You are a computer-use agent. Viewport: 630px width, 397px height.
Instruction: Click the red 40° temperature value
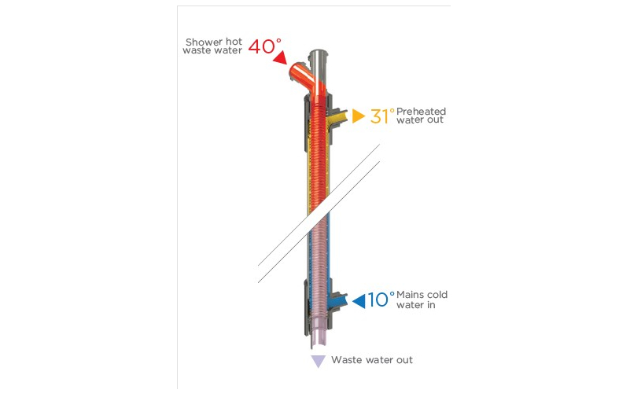click(263, 46)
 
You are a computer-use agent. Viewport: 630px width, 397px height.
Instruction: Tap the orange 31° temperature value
click(382, 116)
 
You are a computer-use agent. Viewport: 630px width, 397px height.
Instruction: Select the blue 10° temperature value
click(381, 300)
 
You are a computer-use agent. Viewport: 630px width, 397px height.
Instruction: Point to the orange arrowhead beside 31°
click(358, 116)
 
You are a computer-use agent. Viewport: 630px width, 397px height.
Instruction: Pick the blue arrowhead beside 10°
click(359, 300)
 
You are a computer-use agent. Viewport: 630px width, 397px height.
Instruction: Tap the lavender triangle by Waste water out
click(318, 362)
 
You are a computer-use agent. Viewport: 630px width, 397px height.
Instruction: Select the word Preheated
click(421, 111)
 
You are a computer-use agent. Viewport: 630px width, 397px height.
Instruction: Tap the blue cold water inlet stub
click(339, 300)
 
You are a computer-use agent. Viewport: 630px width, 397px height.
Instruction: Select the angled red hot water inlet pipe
click(298, 74)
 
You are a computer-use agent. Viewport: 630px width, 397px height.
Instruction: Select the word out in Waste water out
click(403, 360)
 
